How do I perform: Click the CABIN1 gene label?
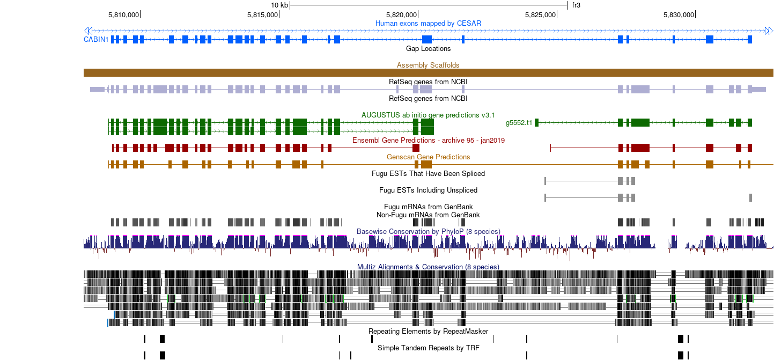coord(96,39)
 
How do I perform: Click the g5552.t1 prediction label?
coord(519,123)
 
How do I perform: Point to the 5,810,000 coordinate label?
coord(123,15)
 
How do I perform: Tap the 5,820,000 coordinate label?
coord(401,15)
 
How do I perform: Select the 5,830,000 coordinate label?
coord(679,15)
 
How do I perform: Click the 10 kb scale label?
coord(279,5)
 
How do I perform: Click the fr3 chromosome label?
coord(576,5)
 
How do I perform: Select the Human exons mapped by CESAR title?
coord(428,23)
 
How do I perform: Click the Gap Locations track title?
coord(428,48)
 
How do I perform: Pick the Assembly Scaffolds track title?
coord(428,65)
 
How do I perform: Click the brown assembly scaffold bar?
coord(429,72)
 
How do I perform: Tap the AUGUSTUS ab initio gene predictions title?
coord(428,115)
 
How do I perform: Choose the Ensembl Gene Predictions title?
coord(429,140)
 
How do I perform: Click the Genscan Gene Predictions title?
coord(429,157)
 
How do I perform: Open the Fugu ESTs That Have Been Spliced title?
coord(428,173)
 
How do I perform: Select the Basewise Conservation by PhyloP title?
coord(429,231)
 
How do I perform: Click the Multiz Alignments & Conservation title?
coord(428,267)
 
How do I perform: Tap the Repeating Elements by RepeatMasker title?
coord(428,332)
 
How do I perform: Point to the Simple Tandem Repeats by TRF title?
coord(429,348)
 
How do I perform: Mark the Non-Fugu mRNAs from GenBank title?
coord(428,215)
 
